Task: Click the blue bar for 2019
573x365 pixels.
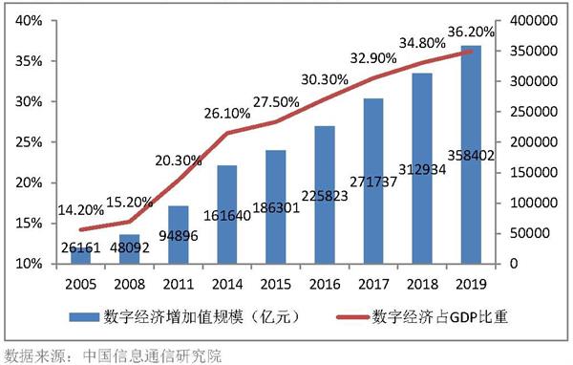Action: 472,153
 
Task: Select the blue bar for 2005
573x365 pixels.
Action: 80,255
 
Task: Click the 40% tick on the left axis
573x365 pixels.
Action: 27,20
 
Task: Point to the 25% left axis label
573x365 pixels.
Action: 27,141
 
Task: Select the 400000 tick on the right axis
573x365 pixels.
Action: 536,20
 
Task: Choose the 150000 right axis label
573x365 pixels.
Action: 536,172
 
